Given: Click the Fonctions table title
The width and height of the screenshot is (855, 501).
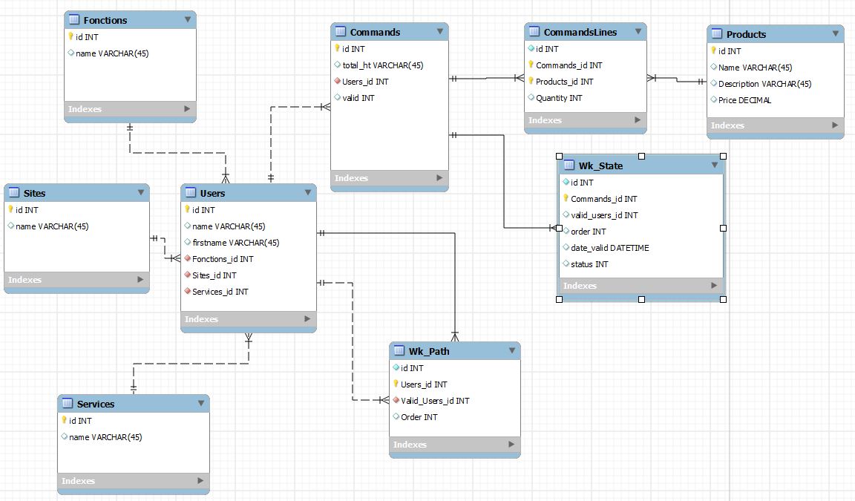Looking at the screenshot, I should tap(105, 20).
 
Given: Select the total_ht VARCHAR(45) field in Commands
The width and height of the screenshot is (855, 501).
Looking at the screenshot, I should tap(383, 65).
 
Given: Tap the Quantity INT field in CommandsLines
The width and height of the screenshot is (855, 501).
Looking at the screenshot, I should tap(559, 98).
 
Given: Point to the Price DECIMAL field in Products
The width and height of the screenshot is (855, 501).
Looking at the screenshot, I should tap(744, 100).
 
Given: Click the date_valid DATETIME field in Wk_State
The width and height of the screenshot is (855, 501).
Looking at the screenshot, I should tap(609, 248).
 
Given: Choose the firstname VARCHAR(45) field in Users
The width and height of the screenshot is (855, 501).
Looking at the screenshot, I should tap(235, 243).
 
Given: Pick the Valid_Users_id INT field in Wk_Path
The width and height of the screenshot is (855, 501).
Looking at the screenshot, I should tap(435, 401).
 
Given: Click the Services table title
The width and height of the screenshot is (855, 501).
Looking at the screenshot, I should tap(96, 404).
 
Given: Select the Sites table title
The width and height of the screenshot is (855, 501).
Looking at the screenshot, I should tap(34, 193).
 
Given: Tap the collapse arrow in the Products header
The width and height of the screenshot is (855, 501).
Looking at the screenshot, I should tap(835, 33).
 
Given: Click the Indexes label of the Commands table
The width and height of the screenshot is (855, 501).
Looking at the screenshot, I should tap(351, 178).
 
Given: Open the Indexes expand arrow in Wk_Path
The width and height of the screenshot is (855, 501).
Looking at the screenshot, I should tap(509, 445).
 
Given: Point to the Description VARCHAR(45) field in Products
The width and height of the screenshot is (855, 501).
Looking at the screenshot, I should tap(764, 84).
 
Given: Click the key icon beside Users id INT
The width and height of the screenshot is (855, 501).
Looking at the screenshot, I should tap(187, 210).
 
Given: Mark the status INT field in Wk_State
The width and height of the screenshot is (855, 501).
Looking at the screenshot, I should tap(589, 264).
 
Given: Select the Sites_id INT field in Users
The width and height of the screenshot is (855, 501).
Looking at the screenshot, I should tap(214, 275).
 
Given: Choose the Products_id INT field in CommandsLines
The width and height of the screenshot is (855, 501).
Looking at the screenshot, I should tap(564, 82).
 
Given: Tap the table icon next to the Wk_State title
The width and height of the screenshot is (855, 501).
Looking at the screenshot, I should tap(569, 166).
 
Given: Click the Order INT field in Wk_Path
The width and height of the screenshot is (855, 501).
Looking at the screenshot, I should tap(419, 417).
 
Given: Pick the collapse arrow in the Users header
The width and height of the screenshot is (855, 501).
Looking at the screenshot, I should tap(307, 193).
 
